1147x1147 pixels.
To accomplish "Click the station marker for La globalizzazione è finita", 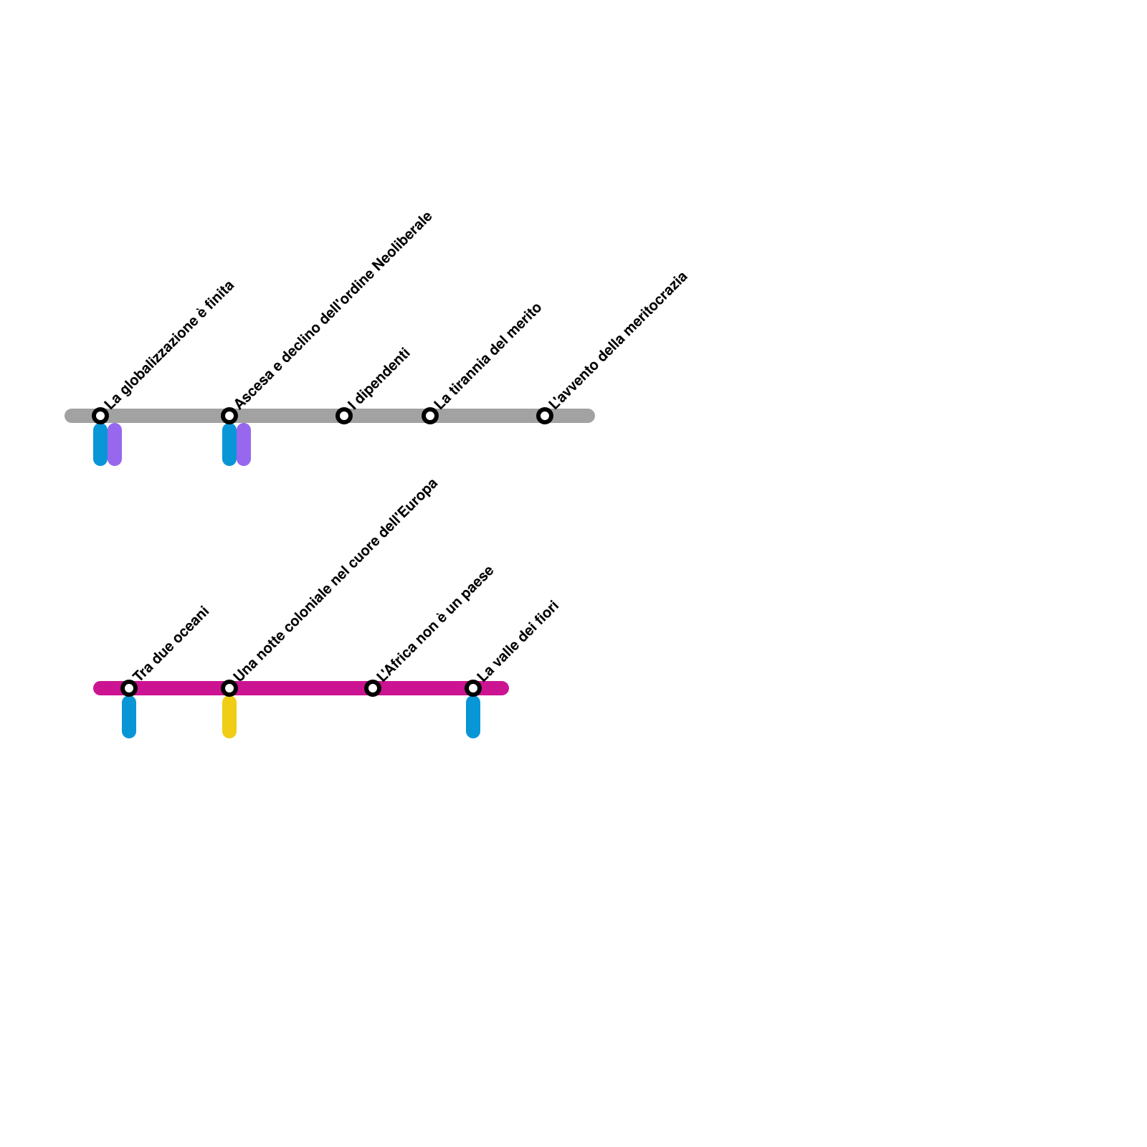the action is click(x=100, y=416).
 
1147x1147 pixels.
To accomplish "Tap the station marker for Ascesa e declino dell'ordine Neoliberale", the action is click(x=229, y=416).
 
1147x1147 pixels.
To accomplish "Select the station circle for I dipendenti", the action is click(x=344, y=416).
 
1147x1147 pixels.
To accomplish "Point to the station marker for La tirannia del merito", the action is click(x=430, y=416).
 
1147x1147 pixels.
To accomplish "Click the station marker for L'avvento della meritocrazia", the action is click(x=545, y=416).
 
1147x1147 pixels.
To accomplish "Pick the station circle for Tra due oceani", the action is click(x=129, y=688).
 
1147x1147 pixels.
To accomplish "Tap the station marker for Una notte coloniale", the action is click(x=229, y=688).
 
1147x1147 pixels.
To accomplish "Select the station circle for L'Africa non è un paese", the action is click(x=373, y=688).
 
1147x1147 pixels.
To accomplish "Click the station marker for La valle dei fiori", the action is click(x=473, y=688).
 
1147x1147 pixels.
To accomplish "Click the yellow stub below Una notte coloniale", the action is click(x=229, y=717).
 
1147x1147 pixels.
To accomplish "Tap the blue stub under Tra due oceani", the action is click(x=129, y=717).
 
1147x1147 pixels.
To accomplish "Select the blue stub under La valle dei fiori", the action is click(x=473, y=717).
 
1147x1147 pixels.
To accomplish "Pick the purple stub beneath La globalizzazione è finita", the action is click(x=115, y=444).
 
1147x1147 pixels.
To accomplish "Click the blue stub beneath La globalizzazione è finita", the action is click(x=100, y=444).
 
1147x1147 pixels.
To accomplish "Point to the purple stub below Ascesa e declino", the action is click(x=244, y=444).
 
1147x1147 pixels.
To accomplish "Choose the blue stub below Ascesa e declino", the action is click(x=229, y=444).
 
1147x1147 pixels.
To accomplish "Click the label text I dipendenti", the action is click(x=379, y=379).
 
